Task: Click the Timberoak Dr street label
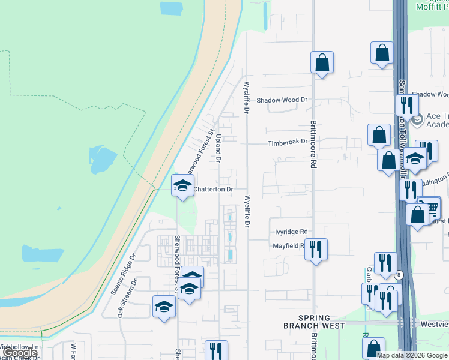click(x=288, y=142)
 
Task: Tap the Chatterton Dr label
click(x=212, y=189)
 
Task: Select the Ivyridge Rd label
click(x=291, y=232)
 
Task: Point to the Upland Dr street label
click(x=218, y=149)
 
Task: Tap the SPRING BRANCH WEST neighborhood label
click(x=314, y=322)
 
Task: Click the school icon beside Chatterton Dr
click(x=182, y=185)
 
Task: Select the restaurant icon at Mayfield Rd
click(x=316, y=248)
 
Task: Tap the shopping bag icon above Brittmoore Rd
click(x=322, y=62)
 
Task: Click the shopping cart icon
click(x=430, y=208)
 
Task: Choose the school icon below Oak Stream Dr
click(x=164, y=307)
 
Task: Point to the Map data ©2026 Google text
click(x=411, y=355)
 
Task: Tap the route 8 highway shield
click(x=398, y=274)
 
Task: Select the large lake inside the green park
click(x=102, y=160)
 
